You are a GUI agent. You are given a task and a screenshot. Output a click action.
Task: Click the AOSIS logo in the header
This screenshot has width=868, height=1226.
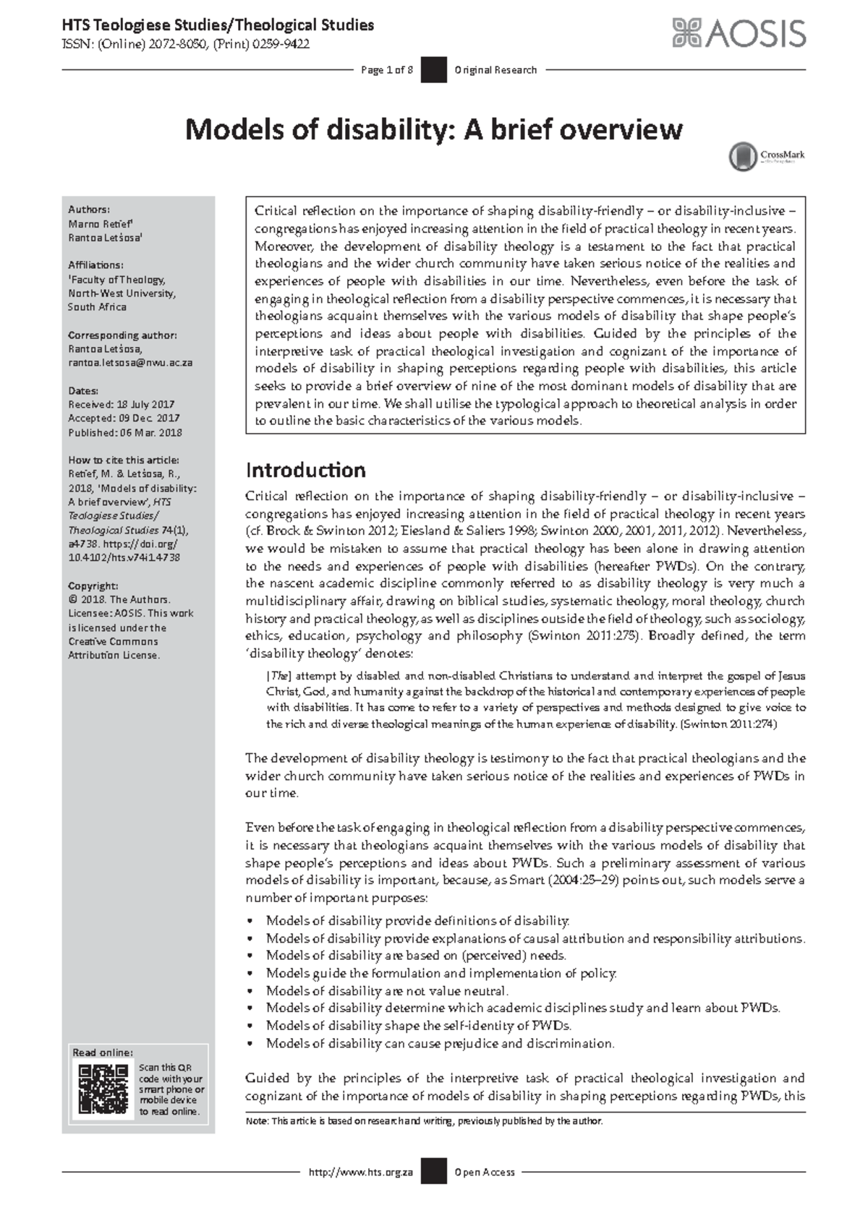click(x=739, y=33)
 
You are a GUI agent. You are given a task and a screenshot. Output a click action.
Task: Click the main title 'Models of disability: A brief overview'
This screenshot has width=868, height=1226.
click(x=433, y=130)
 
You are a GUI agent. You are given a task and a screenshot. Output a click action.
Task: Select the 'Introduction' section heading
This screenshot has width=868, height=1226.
click(x=305, y=471)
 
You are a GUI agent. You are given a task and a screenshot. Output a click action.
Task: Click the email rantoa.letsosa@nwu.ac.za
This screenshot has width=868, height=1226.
click(x=130, y=363)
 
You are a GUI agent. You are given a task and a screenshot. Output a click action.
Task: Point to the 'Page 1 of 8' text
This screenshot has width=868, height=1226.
click(x=386, y=70)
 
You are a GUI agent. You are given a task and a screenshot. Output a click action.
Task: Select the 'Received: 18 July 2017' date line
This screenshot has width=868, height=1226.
click(x=121, y=405)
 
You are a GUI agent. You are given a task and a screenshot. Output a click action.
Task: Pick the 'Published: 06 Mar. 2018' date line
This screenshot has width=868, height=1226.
click(x=124, y=433)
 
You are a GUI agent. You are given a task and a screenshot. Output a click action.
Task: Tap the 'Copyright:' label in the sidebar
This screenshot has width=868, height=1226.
click(x=93, y=586)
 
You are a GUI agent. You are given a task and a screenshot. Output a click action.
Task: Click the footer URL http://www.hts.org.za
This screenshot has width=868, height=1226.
click(x=360, y=1172)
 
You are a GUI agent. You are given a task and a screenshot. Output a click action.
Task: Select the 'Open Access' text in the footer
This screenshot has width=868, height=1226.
click(x=485, y=1172)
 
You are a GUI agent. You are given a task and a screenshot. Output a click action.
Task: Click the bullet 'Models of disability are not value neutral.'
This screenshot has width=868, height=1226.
click(x=387, y=991)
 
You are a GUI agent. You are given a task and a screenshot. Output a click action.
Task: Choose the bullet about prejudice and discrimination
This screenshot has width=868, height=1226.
click(x=440, y=1043)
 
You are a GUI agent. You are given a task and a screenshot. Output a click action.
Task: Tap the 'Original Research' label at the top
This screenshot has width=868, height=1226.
click(x=495, y=70)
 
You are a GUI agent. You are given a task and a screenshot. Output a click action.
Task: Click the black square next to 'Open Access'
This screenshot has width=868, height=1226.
click(x=433, y=1172)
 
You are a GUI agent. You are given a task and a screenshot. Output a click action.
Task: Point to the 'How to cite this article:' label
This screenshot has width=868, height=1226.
click(x=124, y=460)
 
